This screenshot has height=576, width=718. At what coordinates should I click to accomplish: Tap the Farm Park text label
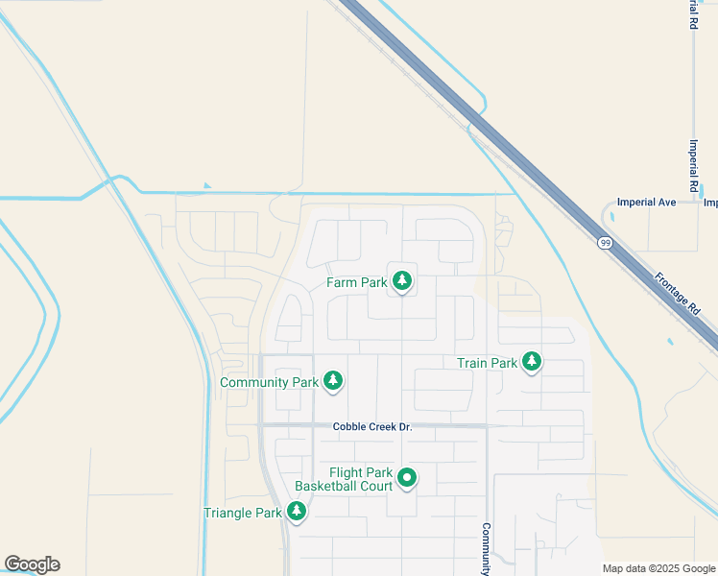click(356, 282)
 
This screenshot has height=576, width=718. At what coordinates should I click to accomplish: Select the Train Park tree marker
click(532, 362)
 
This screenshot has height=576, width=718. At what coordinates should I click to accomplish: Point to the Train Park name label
click(487, 363)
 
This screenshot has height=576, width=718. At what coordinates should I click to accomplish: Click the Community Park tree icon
click(333, 381)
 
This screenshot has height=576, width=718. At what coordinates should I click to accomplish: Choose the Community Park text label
click(269, 382)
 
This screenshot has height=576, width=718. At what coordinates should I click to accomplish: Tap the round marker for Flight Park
click(407, 477)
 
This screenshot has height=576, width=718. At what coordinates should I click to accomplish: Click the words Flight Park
click(361, 472)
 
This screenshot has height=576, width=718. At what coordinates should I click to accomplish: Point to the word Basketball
click(326, 486)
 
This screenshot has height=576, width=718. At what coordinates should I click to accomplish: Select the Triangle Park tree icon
click(297, 512)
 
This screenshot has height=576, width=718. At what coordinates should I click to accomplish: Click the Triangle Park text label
click(242, 513)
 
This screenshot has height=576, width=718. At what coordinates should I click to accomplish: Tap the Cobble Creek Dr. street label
click(372, 426)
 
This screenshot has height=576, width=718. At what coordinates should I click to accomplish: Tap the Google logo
click(32, 564)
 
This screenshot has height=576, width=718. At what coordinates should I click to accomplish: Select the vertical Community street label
click(487, 548)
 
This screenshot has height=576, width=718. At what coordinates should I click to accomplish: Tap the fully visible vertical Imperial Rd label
click(693, 162)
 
